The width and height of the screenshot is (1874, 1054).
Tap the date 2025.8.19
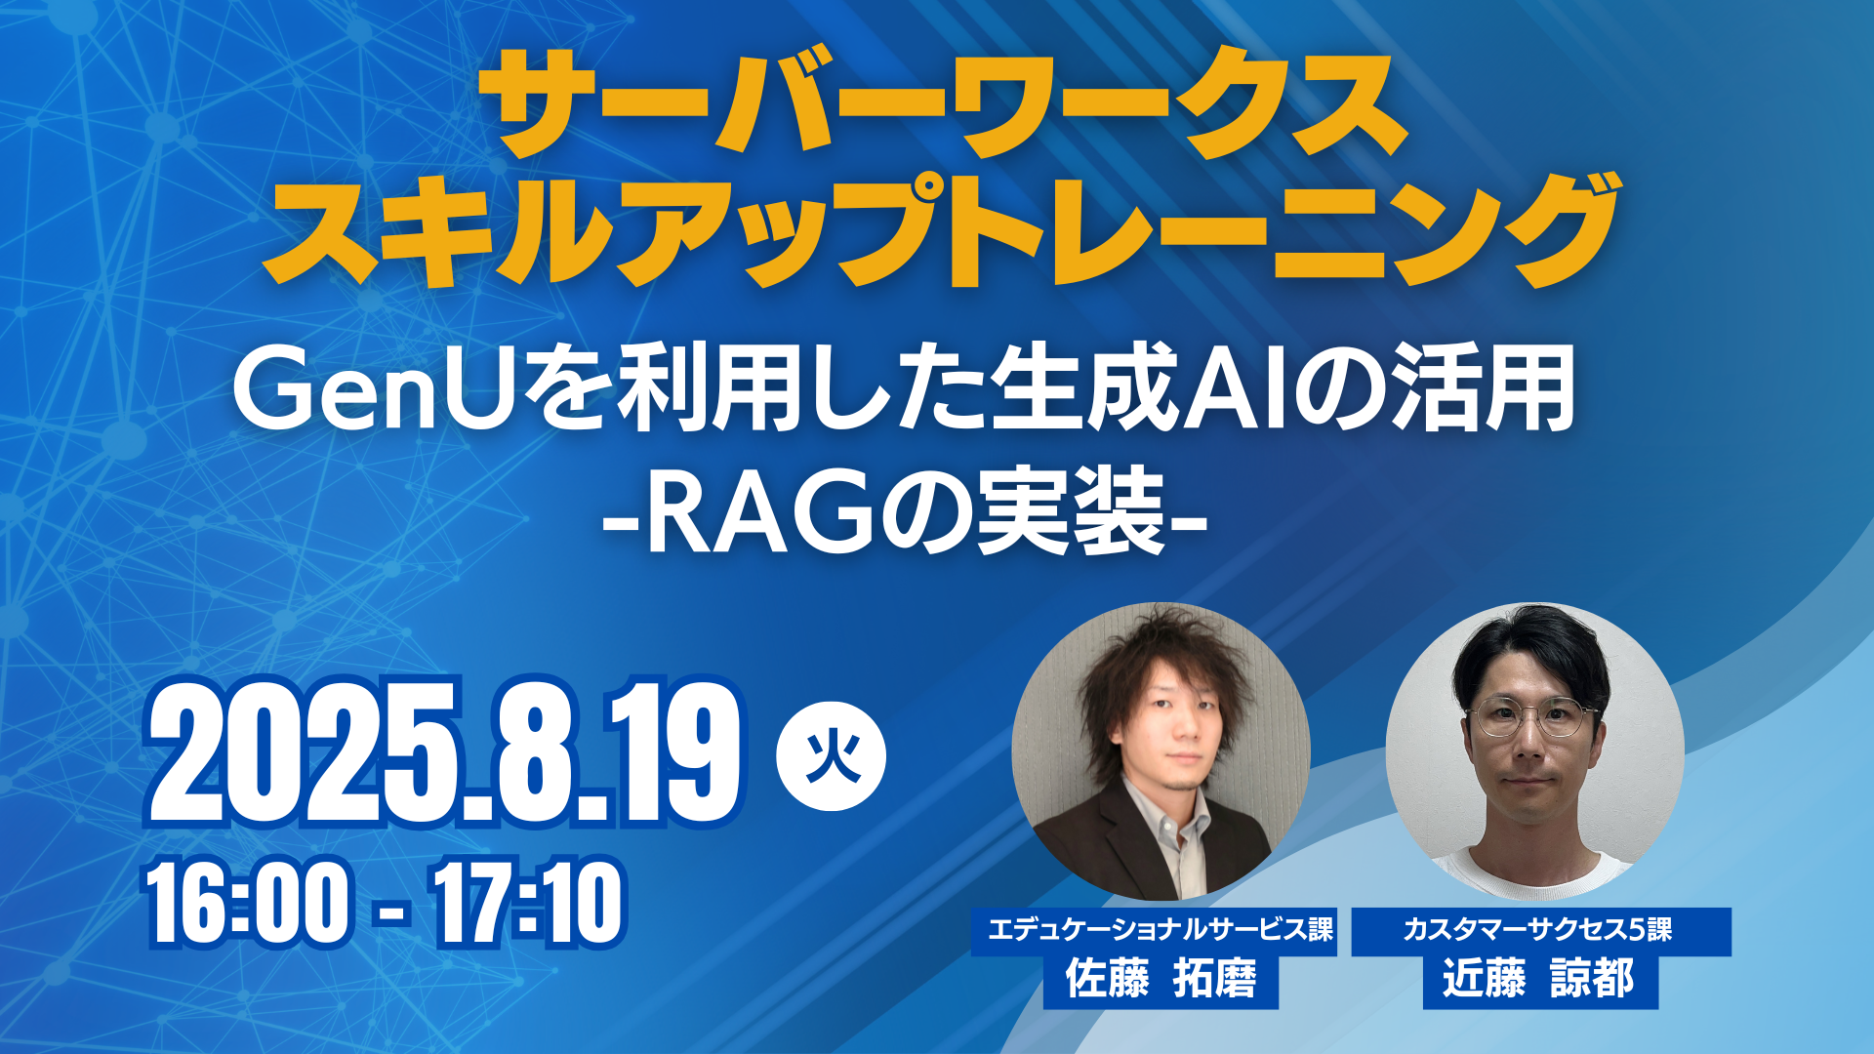tap(445, 752)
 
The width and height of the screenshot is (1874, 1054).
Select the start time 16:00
tap(248, 903)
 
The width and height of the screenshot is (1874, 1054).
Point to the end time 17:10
tap(527, 903)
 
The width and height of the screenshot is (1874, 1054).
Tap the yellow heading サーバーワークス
tap(943, 105)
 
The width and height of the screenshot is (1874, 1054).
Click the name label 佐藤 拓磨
tap(1161, 979)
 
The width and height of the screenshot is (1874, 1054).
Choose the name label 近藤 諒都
tap(1539, 979)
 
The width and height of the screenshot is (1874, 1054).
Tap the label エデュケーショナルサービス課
tap(1161, 929)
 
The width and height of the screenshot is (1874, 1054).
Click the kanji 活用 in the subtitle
tap(1483, 390)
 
